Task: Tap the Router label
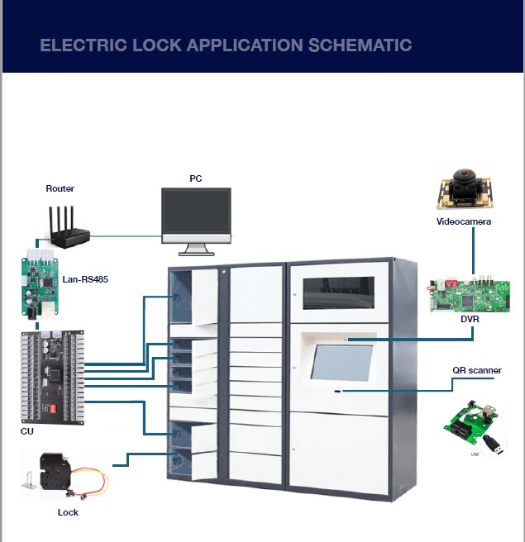coord(60,188)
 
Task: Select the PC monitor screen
coord(196,212)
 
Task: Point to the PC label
coord(195,178)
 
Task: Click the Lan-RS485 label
coord(85,279)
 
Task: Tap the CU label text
coord(27,431)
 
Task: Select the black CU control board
coord(52,377)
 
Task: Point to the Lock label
coord(68,512)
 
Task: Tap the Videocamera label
coord(464,221)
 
